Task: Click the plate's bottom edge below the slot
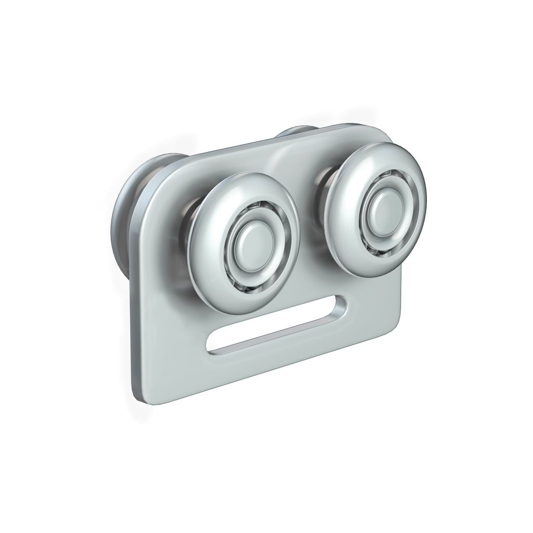click(271, 372)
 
